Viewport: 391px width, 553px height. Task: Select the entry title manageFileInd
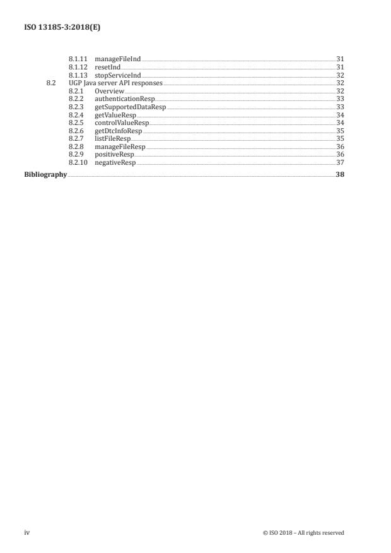click(117, 59)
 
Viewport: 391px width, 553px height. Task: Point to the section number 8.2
click(52, 83)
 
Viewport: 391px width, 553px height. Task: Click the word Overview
click(109, 91)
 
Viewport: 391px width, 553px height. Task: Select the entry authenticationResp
click(124, 99)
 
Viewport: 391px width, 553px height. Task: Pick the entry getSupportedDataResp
click(130, 107)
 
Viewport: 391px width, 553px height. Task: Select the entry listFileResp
click(113, 140)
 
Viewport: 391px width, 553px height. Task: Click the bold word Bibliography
click(45, 175)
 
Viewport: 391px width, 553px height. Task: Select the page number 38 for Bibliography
click(340, 175)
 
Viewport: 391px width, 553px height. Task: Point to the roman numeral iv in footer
click(27, 533)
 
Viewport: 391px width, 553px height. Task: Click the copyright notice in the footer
click(303, 533)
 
